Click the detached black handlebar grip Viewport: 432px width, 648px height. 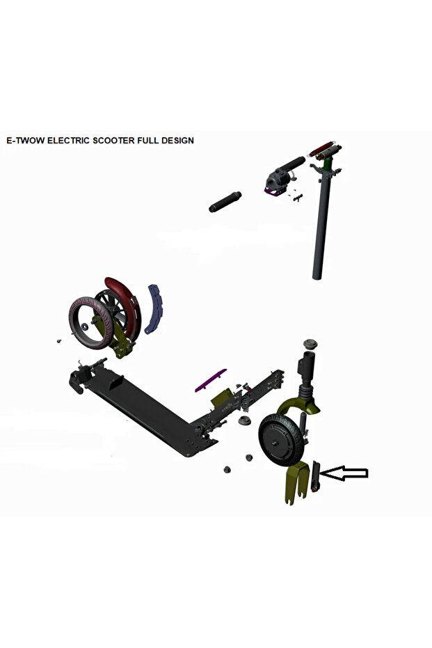[x=225, y=202]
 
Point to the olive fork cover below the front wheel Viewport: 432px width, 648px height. [x=296, y=483]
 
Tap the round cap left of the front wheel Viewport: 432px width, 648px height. [x=244, y=423]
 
